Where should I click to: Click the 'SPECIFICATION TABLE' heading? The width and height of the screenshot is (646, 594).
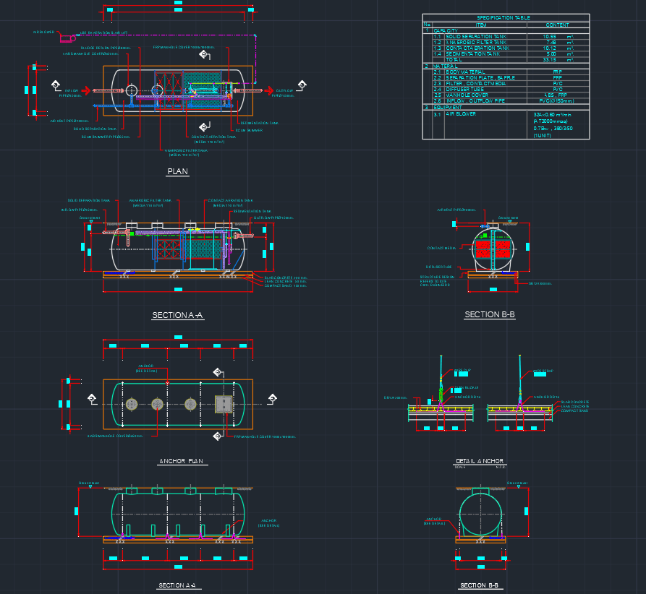coord(503,17)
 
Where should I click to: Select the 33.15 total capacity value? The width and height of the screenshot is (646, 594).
coord(550,59)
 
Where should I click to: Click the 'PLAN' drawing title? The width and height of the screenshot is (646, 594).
coord(177,171)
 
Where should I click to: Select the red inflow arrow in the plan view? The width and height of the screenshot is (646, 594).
coord(85,90)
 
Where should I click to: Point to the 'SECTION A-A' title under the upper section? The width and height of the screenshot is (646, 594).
coord(177,316)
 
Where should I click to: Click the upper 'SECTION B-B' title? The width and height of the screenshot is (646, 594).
coord(490,315)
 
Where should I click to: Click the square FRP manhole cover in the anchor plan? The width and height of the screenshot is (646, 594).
coord(224,405)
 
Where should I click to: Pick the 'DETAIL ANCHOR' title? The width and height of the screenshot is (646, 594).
coord(480,461)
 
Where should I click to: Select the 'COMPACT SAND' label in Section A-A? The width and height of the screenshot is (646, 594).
coord(281,285)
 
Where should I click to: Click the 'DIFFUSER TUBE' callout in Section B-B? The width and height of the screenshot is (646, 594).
coord(439,266)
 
